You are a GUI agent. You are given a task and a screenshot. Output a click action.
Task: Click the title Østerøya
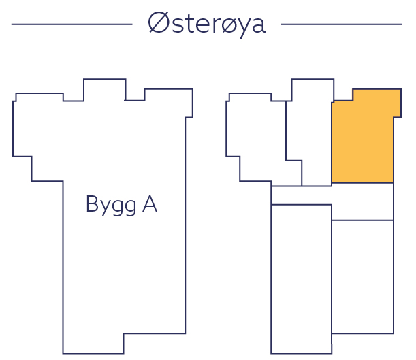point(207,24)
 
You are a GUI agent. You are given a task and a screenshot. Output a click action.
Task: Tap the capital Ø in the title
point(158,24)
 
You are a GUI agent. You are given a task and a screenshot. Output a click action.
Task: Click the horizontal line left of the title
point(71,24)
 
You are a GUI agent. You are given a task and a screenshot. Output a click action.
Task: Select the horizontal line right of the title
point(341,24)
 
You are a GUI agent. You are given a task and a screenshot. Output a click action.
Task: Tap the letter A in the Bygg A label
point(149,204)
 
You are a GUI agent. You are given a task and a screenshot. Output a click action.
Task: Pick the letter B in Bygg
point(93,204)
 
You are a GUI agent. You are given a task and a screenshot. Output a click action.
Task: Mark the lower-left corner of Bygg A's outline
point(63,353)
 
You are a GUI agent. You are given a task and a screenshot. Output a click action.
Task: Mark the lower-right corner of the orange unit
point(394,183)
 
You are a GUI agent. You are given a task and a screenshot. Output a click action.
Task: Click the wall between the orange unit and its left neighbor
point(332,143)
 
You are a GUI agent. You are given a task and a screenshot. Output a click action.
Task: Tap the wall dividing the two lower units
point(332,279)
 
